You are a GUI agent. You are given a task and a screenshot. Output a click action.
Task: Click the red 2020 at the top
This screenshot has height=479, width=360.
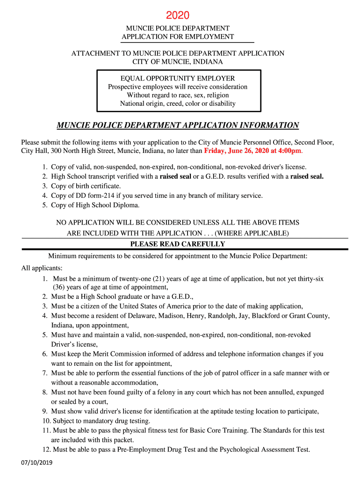tap(178, 16)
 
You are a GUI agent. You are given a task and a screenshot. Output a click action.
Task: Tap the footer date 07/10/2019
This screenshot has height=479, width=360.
tap(37, 463)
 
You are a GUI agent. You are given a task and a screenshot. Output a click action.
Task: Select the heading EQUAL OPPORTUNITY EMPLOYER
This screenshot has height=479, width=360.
tap(178, 78)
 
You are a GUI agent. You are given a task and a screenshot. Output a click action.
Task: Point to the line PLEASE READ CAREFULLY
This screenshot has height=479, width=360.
tap(178, 244)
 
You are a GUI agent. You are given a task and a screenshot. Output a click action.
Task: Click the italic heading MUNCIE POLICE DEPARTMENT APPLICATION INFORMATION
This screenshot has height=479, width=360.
tap(178, 125)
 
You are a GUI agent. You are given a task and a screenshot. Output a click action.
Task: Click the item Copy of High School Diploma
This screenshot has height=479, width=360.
tap(95, 205)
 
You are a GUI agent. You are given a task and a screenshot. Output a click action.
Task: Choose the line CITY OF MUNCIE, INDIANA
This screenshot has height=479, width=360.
tap(178, 62)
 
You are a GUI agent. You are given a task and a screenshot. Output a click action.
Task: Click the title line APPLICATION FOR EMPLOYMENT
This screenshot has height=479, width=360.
tap(178, 36)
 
